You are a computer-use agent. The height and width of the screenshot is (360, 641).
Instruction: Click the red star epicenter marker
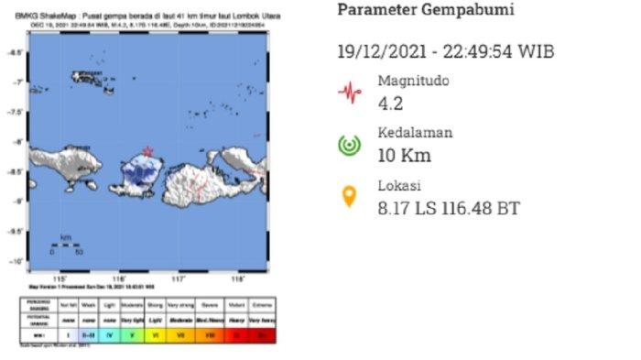(147, 151)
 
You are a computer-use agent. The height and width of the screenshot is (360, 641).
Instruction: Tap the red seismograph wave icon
(348, 92)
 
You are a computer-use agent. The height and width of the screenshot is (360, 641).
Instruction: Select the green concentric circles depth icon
(348, 145)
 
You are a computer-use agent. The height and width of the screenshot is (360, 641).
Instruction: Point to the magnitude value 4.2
(390, 102)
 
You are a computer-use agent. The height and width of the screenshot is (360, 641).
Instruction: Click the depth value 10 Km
(404, 155)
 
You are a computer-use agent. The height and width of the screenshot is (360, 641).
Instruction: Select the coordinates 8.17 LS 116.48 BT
(449, 209)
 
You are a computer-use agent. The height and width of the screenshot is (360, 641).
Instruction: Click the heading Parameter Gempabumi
(426, 11)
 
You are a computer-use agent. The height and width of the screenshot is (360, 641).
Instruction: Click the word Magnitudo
(413, 81)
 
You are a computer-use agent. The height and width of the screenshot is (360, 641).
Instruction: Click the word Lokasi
(399, 186)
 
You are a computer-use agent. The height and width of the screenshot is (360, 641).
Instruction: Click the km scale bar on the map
(65, 245)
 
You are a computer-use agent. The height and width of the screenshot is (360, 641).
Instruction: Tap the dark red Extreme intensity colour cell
(264, 336)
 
